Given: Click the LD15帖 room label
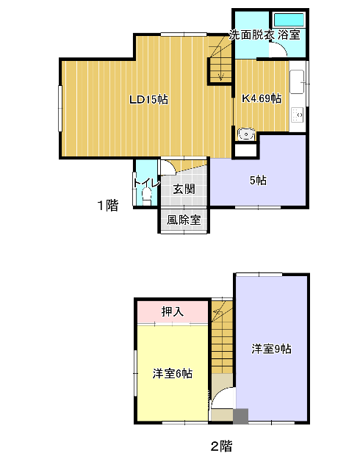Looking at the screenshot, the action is (149, 100).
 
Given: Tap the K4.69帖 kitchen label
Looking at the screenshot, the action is (262, 98).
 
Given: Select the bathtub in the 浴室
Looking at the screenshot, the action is (289, 21).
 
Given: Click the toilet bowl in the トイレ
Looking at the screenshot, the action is (146, 197).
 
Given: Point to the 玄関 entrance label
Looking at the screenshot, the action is (184, 189).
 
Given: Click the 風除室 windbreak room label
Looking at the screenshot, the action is (184, 220).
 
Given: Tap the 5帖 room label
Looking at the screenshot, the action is (258, 181).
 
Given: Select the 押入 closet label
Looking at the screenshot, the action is (173, 311).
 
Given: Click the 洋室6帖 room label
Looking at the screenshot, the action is (173, 374).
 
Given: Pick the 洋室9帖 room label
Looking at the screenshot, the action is (271, 349).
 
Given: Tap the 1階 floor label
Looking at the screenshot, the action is (108, 205).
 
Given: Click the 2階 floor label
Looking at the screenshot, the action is (222, 446).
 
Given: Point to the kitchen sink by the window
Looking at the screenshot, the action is (297, 82).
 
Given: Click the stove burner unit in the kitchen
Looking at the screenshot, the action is (298, 115).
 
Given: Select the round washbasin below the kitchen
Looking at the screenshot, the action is (246, 134).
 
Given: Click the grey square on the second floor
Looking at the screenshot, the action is (241, 416).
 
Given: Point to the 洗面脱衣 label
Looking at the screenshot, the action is (251, 35).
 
